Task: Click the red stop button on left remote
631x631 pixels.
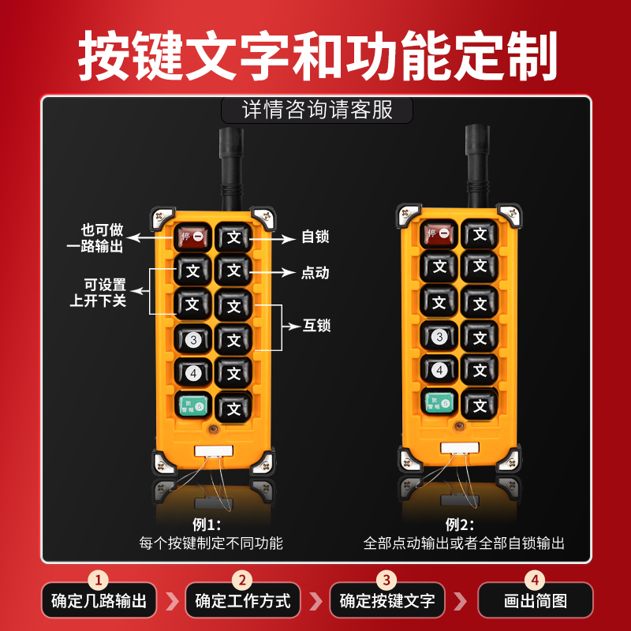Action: click(193, 236)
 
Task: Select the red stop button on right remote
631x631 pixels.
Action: click(439, 233)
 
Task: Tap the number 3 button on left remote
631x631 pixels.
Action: click(193, 340)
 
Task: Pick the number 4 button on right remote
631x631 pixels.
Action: click(439, 369)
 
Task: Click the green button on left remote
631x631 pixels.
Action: click(193, 405)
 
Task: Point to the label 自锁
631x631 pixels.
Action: click(315, 236)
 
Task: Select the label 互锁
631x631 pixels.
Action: click(316, 325)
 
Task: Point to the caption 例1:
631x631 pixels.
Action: click(207, 524)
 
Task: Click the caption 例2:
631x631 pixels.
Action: click(462, 524)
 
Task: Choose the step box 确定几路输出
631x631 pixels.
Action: click(99, 600)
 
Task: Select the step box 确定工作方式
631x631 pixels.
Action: click(243, 600)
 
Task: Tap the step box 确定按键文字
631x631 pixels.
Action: click(387, 600)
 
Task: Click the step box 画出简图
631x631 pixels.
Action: click(536, 600)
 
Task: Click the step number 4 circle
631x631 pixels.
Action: click(536, 581)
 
